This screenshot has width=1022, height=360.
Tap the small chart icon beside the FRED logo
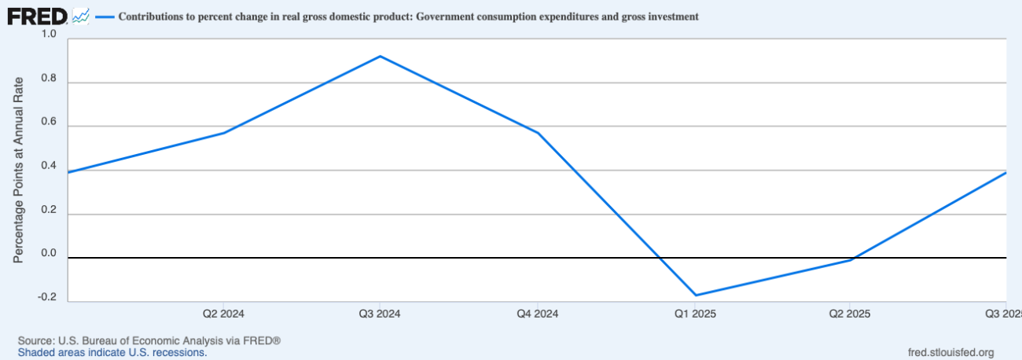80,15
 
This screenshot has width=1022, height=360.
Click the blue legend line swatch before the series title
104,16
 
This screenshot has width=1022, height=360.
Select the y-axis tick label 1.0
49,34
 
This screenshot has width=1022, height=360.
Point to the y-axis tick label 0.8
49,78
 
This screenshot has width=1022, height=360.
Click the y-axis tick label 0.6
49,122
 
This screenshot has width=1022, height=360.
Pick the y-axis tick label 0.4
49,166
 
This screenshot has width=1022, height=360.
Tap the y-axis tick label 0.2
49,210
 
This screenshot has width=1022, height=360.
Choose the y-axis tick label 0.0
49,254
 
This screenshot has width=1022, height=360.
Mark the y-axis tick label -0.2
47,297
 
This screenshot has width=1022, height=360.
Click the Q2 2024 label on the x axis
223,314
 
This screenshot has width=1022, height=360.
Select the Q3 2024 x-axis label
380,314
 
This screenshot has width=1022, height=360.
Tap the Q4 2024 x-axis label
538,314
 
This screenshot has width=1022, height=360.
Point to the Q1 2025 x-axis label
695,314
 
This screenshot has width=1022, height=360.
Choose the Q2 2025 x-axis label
851,314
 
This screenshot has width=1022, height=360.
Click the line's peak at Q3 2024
380,56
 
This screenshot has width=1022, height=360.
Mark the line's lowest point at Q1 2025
695,296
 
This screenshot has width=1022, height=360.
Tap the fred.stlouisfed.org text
950,352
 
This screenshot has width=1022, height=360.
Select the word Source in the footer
35,341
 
